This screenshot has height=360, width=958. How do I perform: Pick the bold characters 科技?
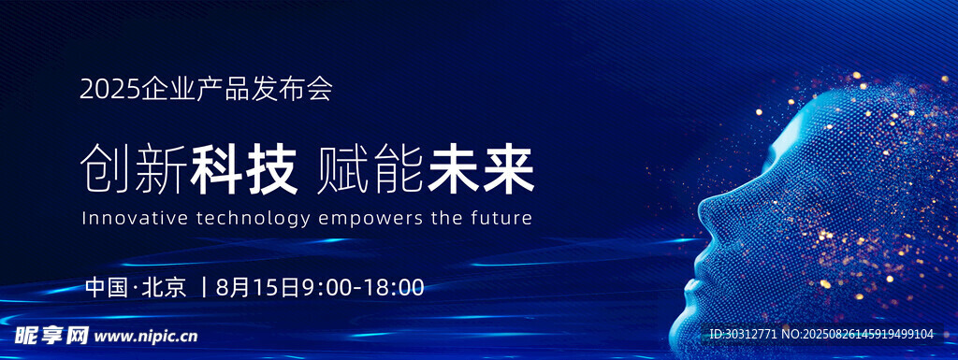(x=244, y=170)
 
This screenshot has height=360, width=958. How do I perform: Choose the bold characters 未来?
(x=481, y=170)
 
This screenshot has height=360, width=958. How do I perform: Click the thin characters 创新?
(x=133, y=170)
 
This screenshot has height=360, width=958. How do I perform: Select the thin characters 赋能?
(x=370, y=170)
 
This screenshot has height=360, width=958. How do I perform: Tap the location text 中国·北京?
(x=137, y=287)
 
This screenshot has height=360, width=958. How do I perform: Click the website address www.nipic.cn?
(x=147, y=336)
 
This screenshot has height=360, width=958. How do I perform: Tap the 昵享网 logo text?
(x=52, y=335)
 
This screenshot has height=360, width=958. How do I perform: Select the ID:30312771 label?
(x=743, y=335)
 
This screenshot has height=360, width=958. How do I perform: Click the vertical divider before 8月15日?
(x=205, y=287)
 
